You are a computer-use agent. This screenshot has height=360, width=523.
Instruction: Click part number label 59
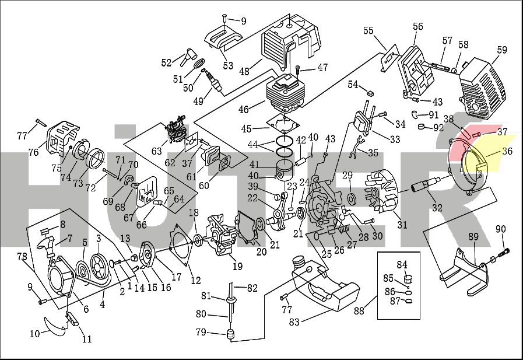(x=502, y=50)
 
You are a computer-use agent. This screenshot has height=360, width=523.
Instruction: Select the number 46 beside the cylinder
(x=244, y=109)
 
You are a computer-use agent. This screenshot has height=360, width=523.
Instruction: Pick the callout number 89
(x=473, y=237)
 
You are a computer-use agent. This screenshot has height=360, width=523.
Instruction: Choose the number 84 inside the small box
(x=402, y=265)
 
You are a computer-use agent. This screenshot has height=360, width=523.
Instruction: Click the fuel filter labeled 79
(x=230, y=334)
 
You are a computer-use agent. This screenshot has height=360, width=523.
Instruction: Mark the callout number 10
(x=35, y=334)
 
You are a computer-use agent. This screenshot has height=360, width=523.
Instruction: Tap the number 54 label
(x=353, y=85)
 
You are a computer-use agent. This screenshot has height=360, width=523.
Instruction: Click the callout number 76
(x=33, y=152)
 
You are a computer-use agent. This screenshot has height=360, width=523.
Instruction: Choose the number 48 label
(x=244, y=71)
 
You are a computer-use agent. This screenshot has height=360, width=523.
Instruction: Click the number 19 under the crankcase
(x=237, y=267)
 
